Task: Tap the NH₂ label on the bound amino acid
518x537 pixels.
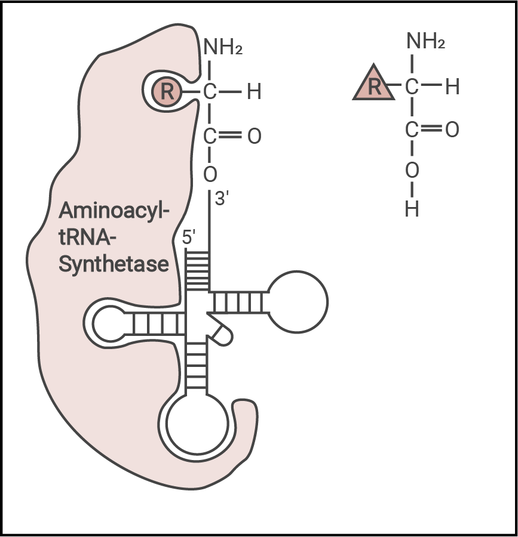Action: pos(223,47)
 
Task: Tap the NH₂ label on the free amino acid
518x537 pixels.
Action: pos(425,42)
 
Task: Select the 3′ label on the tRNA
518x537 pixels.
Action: pos(222,199)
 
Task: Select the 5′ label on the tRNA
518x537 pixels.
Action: pos(190,237)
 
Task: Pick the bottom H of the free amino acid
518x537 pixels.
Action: pos(412,209)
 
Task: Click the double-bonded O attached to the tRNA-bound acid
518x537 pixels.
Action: pos(254,137)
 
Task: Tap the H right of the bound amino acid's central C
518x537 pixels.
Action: pos(254,92)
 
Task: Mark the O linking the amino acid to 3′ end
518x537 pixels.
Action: pos(210,174)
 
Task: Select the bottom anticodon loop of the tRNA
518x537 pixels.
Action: pos(198,424)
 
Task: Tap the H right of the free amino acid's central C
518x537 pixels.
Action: pos(452,87)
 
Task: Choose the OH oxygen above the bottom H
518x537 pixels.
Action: pos(412,171)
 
